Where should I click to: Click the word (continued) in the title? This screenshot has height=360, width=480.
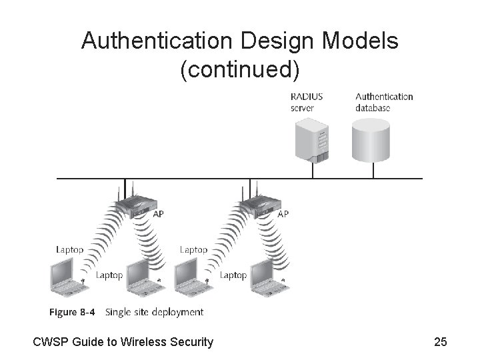tap(240, 68)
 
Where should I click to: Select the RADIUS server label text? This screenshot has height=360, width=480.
tap(307, 102)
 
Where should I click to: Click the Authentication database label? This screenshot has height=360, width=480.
tap(384, 102)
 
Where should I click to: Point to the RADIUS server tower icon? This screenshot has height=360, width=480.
tap(313, 139)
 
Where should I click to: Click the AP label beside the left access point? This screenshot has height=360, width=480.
tap(158, 214)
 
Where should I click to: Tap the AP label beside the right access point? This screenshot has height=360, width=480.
tap(283, 214)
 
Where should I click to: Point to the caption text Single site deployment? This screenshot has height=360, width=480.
tap(155, 312)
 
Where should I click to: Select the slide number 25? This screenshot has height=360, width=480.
tap(440, 343)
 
